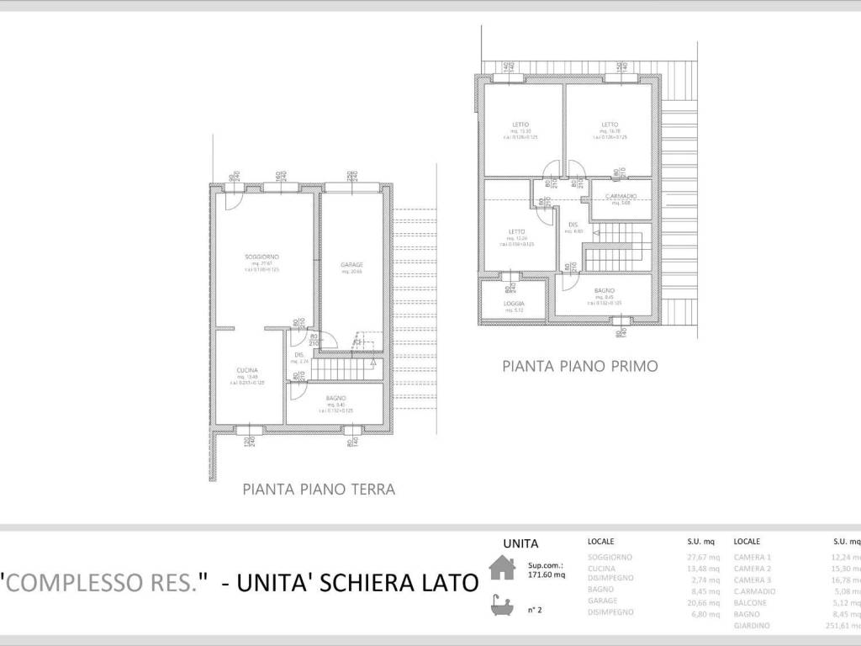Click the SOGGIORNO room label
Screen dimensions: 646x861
261,256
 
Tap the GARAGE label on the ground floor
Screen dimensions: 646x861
351,264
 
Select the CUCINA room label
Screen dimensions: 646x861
246,370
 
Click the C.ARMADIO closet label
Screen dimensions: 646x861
621,196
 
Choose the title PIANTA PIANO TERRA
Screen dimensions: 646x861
319,488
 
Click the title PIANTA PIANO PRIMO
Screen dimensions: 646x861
579,366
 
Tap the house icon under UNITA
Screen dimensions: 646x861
502,570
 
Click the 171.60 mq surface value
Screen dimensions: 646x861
546,575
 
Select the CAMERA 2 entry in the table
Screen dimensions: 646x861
752,568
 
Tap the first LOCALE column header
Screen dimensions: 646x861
600,543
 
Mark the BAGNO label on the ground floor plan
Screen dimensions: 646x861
335,397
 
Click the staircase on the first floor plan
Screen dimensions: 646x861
617,248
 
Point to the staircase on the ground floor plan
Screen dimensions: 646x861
344,367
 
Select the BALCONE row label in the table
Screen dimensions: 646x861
750,601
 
